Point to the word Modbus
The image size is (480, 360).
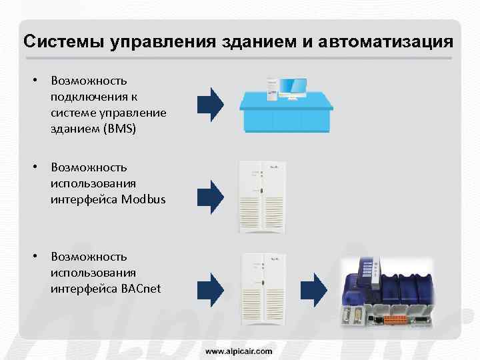pos(143,199)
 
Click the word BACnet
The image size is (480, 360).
pos(141,288)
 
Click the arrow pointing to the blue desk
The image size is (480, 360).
pos(211,104)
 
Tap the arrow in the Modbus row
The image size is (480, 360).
pos(211,197)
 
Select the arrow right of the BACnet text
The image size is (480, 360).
pos(211,286)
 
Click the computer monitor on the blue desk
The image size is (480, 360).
pos(293,87)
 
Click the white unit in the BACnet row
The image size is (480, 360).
pos(263,287)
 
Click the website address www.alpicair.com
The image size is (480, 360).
pos(239,350)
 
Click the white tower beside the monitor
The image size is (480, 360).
pos(272,87)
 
